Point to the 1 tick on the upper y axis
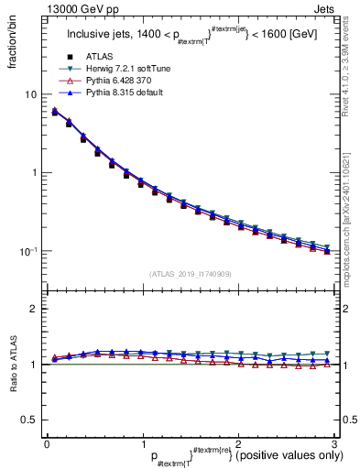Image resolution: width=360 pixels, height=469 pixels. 33,172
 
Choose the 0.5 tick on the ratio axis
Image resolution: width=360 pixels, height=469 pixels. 28,420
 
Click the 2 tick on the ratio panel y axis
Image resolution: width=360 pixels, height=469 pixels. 33,309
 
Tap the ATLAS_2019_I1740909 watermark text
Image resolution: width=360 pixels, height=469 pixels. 191,275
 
